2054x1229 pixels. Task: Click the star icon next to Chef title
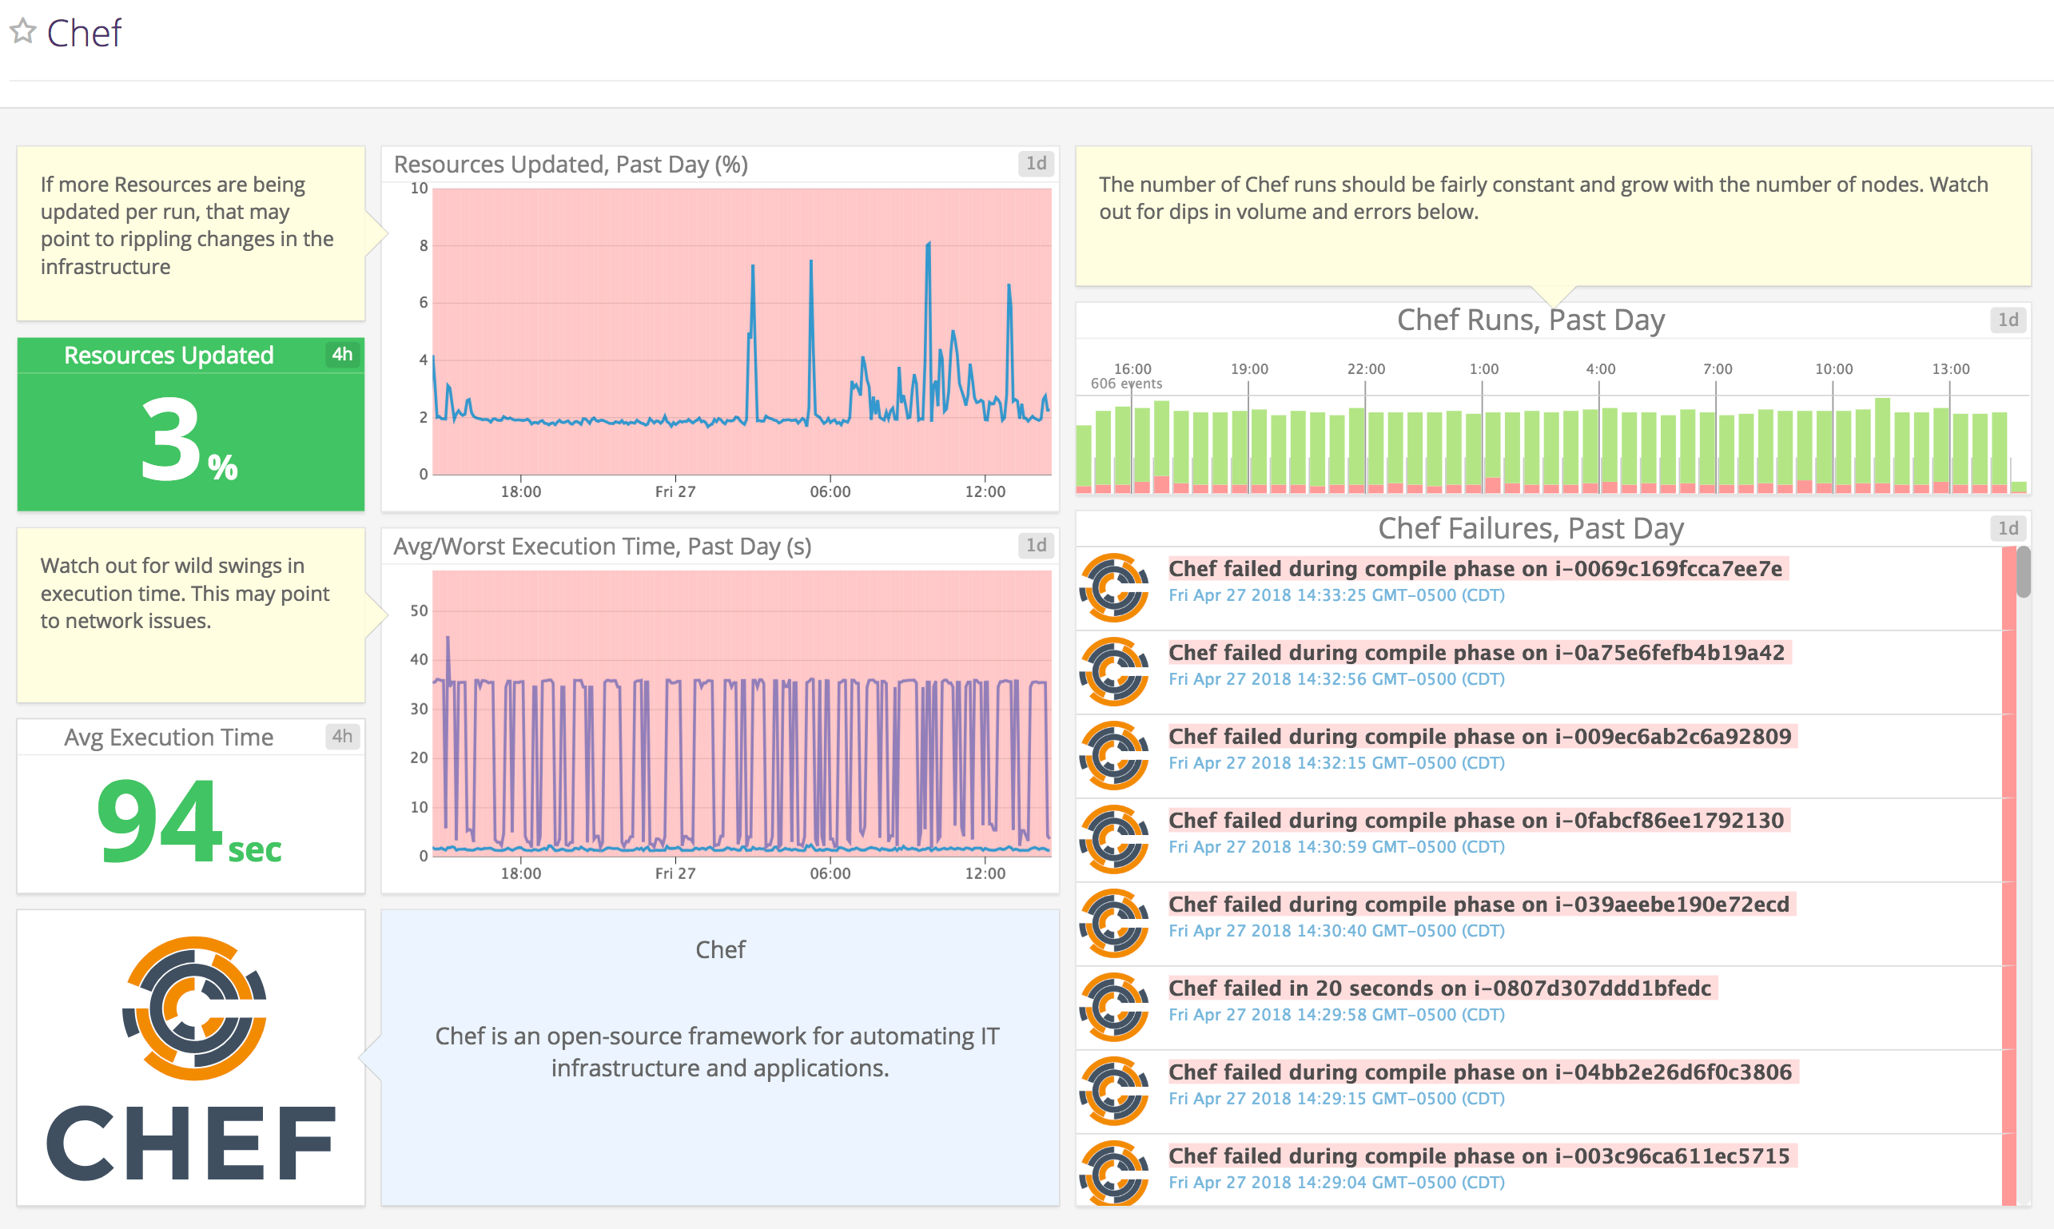(23, 31)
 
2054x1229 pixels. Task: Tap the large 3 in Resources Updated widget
(170, 439)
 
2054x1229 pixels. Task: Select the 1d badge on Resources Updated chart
(1035, 163)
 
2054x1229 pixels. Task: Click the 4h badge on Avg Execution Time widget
(342, 736)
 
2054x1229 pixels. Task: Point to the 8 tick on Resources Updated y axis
(424, 245)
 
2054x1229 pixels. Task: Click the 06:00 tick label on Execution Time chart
(830, 873)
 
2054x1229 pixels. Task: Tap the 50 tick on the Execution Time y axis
(419, 611)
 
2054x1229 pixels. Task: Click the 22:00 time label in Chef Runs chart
(1366, 368)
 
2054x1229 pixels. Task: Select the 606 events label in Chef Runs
(1125, 384)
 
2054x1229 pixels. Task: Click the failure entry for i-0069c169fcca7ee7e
(1475, 569)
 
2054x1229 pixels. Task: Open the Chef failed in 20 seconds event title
(1439, 988)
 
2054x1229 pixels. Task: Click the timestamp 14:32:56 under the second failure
(1336, 679)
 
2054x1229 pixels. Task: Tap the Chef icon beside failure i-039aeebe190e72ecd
(1114, 923)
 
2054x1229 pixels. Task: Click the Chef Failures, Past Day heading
(1530, 528)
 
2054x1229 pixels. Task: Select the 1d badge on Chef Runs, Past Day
(2008, 320)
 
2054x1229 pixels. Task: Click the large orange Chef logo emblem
(195, 1008)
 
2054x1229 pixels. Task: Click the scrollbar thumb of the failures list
(2024, 571)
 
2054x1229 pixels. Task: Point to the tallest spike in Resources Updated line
(929, 244)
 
